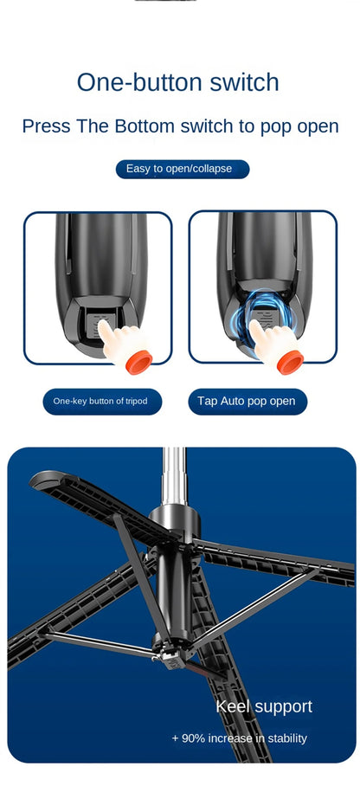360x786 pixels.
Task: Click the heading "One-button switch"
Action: coord(178,82)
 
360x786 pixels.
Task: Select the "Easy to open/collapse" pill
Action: coord(182,169)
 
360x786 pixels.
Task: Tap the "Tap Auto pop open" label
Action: coord(246,401)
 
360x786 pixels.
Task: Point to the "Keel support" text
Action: coord(264,706)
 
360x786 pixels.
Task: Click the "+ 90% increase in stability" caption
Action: coord(240,738)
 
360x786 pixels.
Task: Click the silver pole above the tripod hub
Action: coord(175,476)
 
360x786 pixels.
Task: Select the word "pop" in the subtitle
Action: coord(273,126)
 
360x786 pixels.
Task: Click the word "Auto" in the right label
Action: coord(234,401)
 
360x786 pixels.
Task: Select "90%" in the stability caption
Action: coord(194,738)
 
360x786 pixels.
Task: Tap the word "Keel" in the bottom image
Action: coord(233,706)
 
